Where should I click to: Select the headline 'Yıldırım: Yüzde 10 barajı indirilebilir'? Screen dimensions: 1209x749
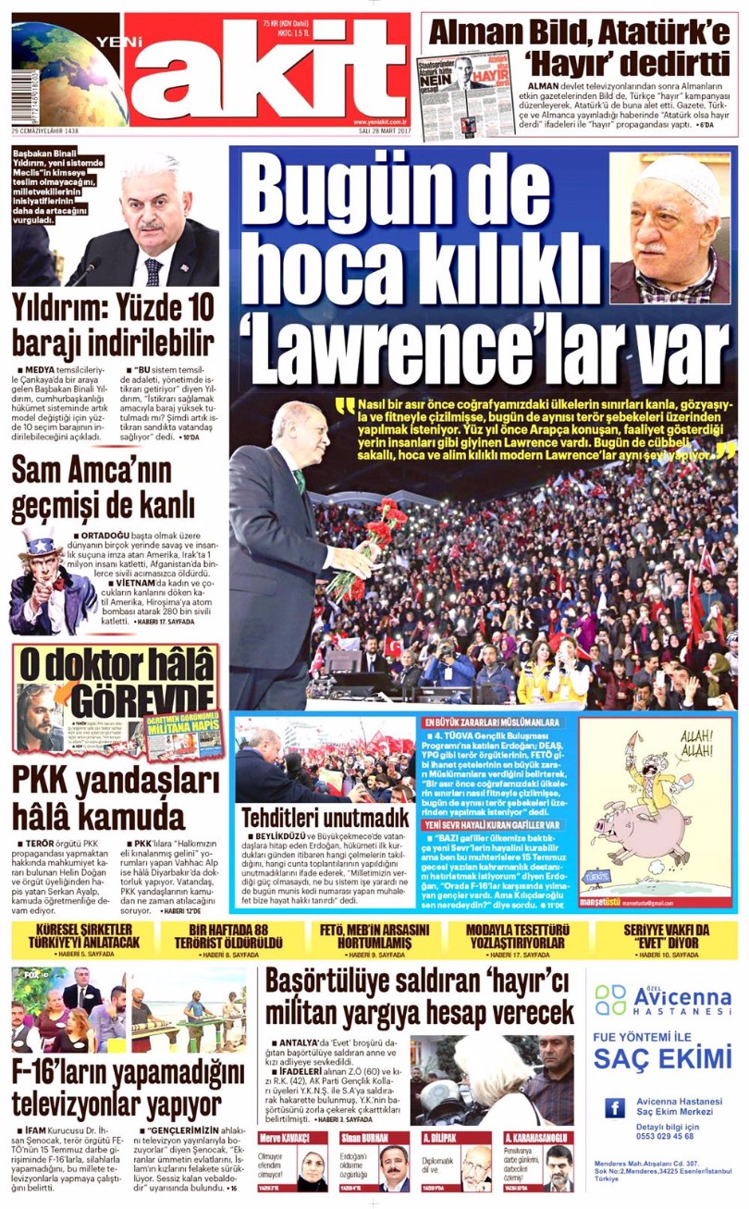[x=114, y=325]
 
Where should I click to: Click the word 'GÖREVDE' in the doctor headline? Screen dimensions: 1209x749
[x=139, y=694]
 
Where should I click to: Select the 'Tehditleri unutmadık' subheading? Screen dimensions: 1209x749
[x=325, y=818]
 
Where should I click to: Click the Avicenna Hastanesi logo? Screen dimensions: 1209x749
[x=662, y=1000]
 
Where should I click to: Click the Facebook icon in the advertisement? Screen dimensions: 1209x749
[x=614, y=1107]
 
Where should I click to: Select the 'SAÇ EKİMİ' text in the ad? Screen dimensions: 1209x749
[x=662, y=1057]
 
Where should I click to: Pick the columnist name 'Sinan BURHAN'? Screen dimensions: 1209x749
[x=363, y=1137]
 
